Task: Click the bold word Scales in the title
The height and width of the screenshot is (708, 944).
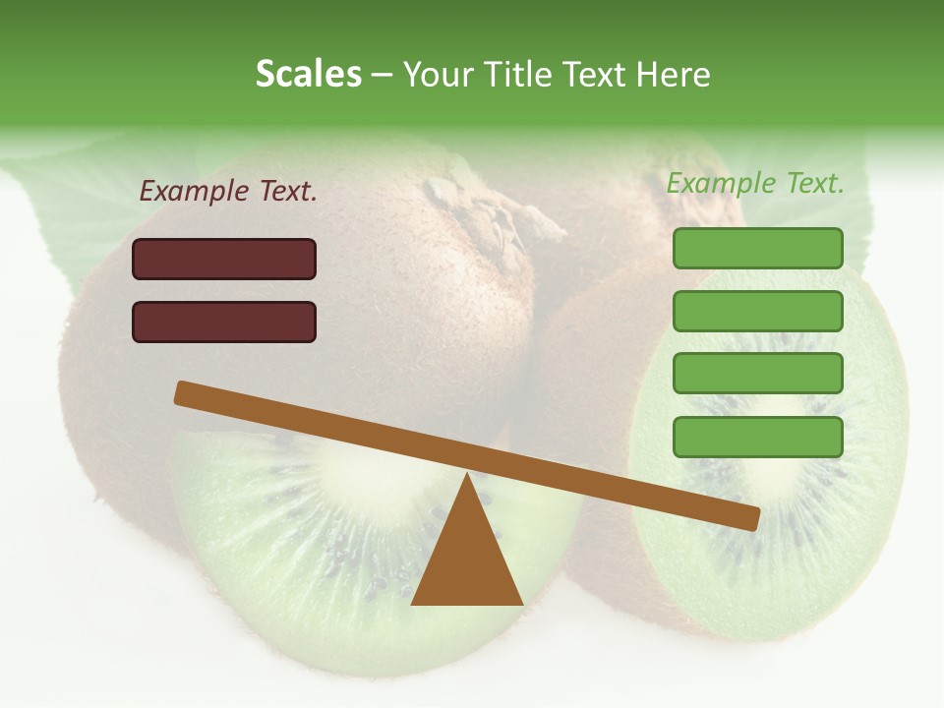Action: click(308, 74)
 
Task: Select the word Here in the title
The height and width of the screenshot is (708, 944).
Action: click(673, 75)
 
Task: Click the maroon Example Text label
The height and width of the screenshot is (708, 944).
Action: click(228, 192)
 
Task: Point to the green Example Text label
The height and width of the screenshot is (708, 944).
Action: click(755, 183)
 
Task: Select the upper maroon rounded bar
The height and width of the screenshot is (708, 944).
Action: click(224, 259)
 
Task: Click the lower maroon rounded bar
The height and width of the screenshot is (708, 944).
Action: click(224, 322)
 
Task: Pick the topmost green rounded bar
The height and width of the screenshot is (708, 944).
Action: click(757, 248)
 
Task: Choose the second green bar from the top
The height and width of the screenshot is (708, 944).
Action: click(757, 311)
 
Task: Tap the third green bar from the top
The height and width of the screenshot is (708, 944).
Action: click(757, 374)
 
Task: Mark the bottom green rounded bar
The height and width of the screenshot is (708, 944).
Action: click(757, 437)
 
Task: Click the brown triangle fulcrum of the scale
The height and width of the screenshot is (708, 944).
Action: click(467, 560)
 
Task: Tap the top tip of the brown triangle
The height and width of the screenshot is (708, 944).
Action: click(468, 477)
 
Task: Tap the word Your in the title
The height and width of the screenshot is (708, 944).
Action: click(439, 75)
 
